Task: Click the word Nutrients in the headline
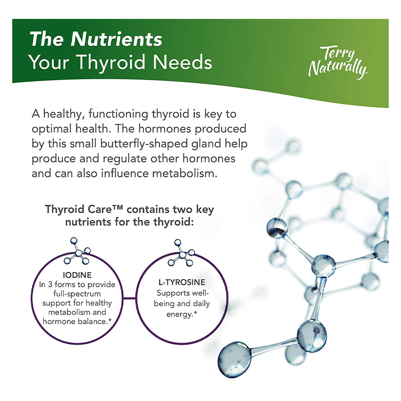tap(117, 39)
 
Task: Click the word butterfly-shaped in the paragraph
tap(144, 144)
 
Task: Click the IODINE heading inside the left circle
tap(77, 275)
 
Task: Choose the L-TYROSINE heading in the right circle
tap(182, 282)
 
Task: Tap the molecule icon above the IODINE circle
tap(77, 251)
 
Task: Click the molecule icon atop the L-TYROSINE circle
tap(181, 253)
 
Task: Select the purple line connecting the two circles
tap(129, 298)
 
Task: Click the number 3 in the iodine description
tap(50, 284)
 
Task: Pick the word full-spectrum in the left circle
tap(77, 294)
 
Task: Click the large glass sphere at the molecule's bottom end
tap(234, 359)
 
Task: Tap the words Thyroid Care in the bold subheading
tap(79, 209)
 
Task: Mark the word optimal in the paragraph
tap(51, 129)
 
